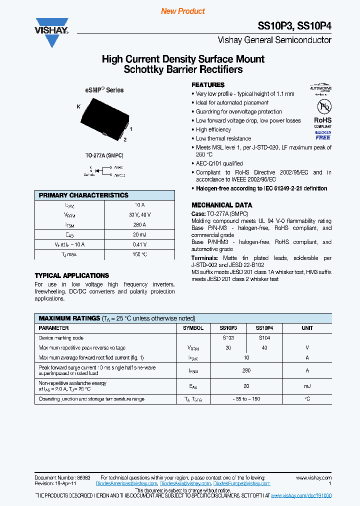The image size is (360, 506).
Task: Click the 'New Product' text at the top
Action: [183, 11]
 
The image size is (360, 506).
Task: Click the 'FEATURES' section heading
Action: [208, 85]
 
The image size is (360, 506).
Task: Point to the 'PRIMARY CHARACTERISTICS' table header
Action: [83, 195]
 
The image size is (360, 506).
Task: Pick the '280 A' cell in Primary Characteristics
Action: [139, 224]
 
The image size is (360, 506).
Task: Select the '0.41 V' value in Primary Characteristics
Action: [139, 244]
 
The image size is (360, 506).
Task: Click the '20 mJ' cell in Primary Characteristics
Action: [139, 234]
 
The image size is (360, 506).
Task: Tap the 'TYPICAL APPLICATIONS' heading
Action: [71, 275]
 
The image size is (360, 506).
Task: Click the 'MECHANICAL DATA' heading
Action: [221, 205]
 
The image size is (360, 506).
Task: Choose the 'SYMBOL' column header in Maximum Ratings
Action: [193, 328]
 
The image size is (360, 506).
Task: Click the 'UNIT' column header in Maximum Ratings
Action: [307, 328]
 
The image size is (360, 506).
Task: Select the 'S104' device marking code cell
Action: [264, 338]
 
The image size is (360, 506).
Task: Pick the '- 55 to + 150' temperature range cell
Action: [246, 399]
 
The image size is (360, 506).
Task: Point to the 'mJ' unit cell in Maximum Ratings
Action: [307, 386]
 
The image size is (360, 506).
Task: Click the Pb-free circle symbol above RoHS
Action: [322, 107]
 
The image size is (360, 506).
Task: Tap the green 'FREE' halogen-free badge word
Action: [322, 137]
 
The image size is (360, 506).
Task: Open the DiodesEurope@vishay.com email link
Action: [241, 483]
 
